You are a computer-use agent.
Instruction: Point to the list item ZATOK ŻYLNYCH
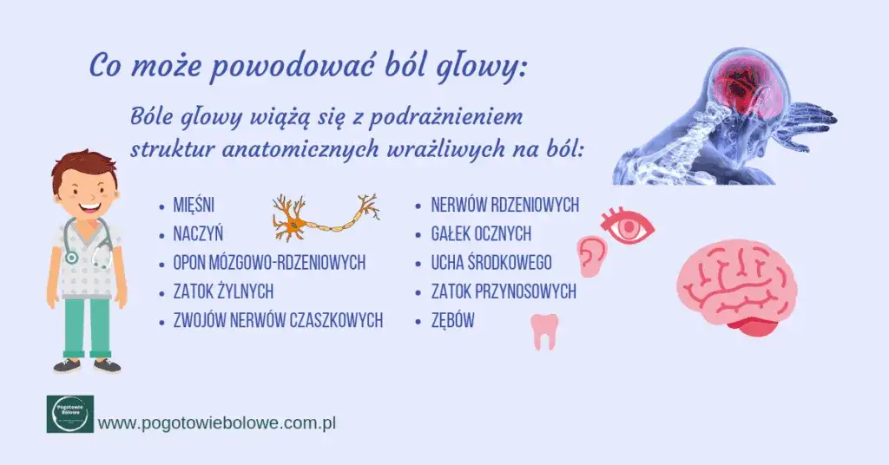point(223,291)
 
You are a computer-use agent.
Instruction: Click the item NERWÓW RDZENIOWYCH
point(504,206)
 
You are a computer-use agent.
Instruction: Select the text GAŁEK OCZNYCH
point(481,233)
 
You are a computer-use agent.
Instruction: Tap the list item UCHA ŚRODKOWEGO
point(491,263)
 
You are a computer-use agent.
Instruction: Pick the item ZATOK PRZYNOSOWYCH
point(504,291)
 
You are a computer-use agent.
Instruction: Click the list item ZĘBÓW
point(453,320)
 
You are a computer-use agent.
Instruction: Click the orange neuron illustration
point(325,218)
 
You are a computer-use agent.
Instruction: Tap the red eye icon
point(628,226)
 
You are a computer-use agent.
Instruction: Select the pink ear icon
point(593,255)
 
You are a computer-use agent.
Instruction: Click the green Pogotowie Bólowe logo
point(69,414)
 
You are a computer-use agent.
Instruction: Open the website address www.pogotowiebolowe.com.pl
point(217,423)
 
